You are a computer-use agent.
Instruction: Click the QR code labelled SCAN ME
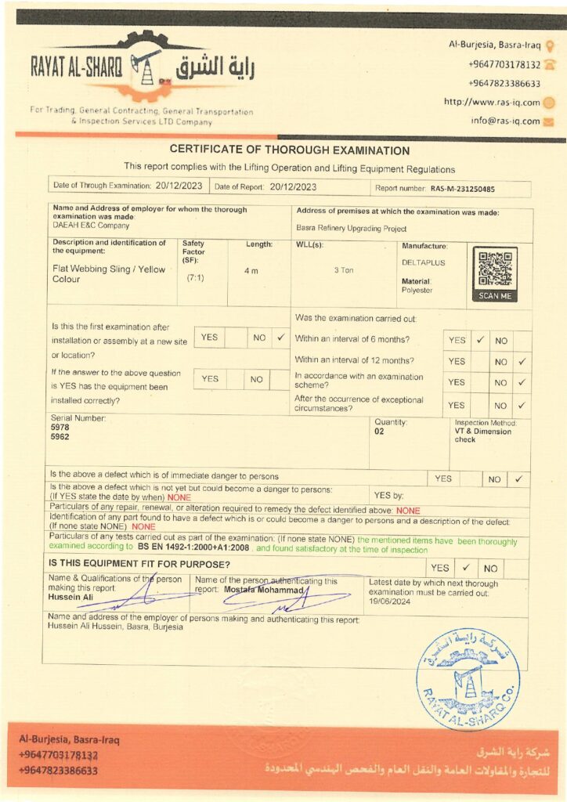point(494,270)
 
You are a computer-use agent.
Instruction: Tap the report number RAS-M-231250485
point(462,189)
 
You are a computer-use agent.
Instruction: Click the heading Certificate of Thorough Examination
point(290,150)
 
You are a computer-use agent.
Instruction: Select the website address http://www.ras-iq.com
point(492,102)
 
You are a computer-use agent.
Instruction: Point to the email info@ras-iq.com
point(505,121)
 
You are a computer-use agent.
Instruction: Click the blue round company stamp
point(468,679)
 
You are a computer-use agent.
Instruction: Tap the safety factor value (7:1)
point(195,278)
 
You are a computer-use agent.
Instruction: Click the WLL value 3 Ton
point(344,270)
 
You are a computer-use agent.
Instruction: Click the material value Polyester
point(417,291)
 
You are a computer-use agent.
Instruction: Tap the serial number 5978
point(60,428)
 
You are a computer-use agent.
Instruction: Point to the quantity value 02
point(380,432)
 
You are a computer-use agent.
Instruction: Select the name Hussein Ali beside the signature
point(70,598)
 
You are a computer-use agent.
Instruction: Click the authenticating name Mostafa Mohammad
point(262,588)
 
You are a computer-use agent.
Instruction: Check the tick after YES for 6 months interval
point(481,341)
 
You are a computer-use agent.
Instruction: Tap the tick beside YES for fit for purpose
point(465,567)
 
